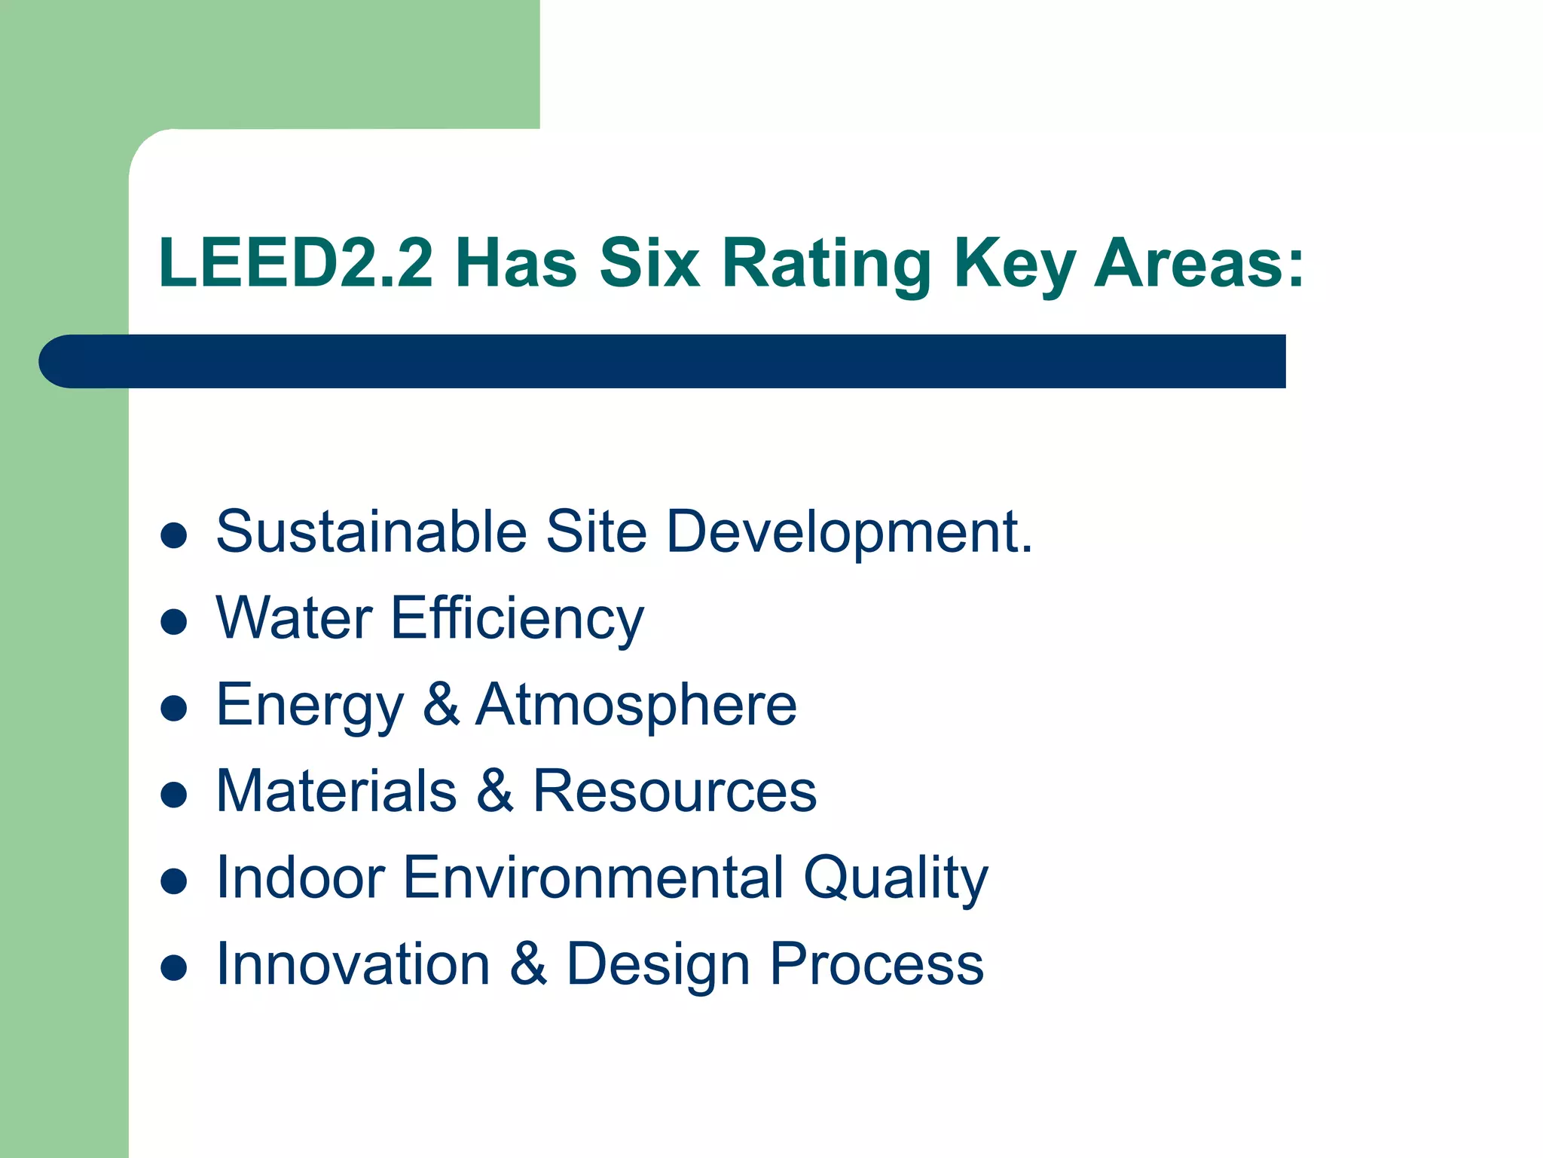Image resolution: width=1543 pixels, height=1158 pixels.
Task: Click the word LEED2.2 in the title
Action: click(295, 263)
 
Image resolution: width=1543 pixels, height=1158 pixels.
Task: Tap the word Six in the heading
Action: click(649, 263)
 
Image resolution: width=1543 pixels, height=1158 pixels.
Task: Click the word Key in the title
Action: click(1014, 265)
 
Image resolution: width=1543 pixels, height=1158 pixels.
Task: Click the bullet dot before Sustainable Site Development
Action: click(174, 535)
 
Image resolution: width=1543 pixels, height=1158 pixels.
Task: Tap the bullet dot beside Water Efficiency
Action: click(174, 622)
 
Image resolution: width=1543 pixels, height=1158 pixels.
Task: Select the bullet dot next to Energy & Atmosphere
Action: click(174, 709)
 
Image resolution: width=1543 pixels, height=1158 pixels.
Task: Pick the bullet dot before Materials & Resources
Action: click(174, 795)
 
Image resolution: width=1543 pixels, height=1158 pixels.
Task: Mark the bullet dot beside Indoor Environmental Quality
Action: click(174, 881)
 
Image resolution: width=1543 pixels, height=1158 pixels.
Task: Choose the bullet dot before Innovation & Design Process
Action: click(174, 968)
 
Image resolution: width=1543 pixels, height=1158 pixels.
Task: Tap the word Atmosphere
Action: click(636, 705)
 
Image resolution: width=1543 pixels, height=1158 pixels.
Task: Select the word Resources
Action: click(674, 792)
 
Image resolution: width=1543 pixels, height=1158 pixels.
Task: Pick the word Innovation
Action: click(353, 964)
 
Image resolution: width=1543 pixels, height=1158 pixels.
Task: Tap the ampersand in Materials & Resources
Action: click(495, 792)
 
